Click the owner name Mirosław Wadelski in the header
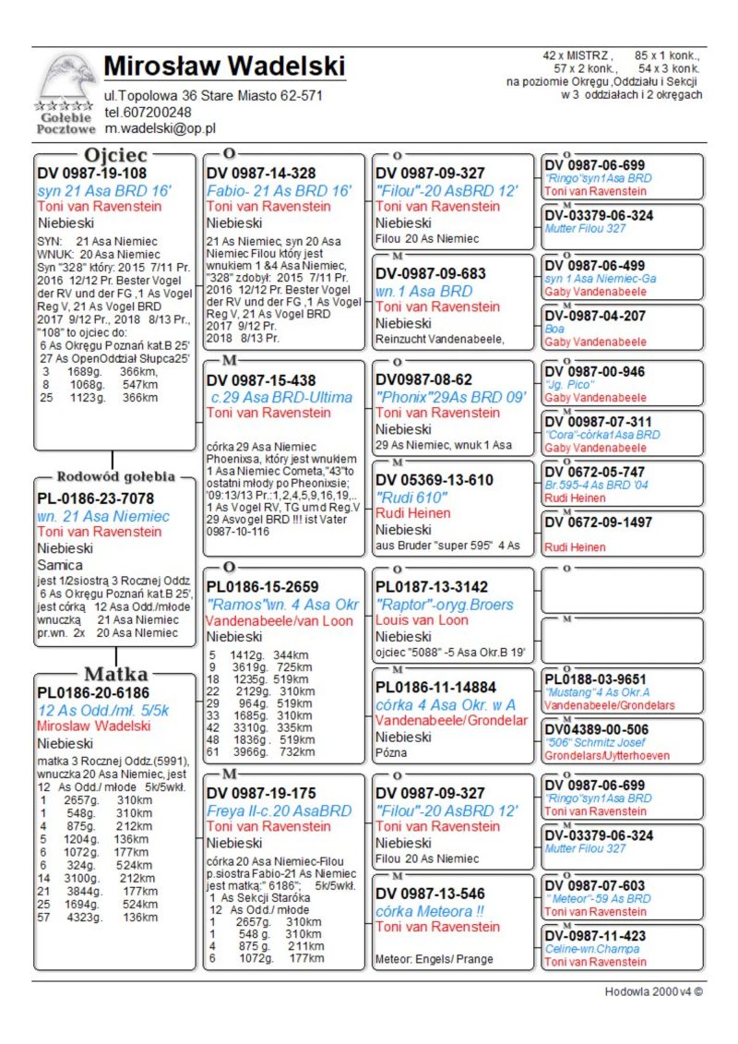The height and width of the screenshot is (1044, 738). tap(224, 66)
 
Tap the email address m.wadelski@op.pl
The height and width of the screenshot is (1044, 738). tap(160, 128)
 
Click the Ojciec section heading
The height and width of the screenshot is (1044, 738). tap(115, 155)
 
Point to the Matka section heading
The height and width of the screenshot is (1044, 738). tap(115, 673)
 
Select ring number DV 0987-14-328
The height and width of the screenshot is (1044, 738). tap(261, 174)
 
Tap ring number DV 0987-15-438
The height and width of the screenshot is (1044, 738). tap(261, 380)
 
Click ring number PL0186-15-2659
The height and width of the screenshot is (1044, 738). tap(263, 587)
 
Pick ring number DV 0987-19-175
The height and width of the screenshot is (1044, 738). tap(261, 793)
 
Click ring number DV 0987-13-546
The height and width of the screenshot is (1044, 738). tap(430, 894)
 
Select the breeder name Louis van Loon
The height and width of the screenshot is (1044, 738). tap(422, 620)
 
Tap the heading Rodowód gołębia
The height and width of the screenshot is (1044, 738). tap(115, 477)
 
